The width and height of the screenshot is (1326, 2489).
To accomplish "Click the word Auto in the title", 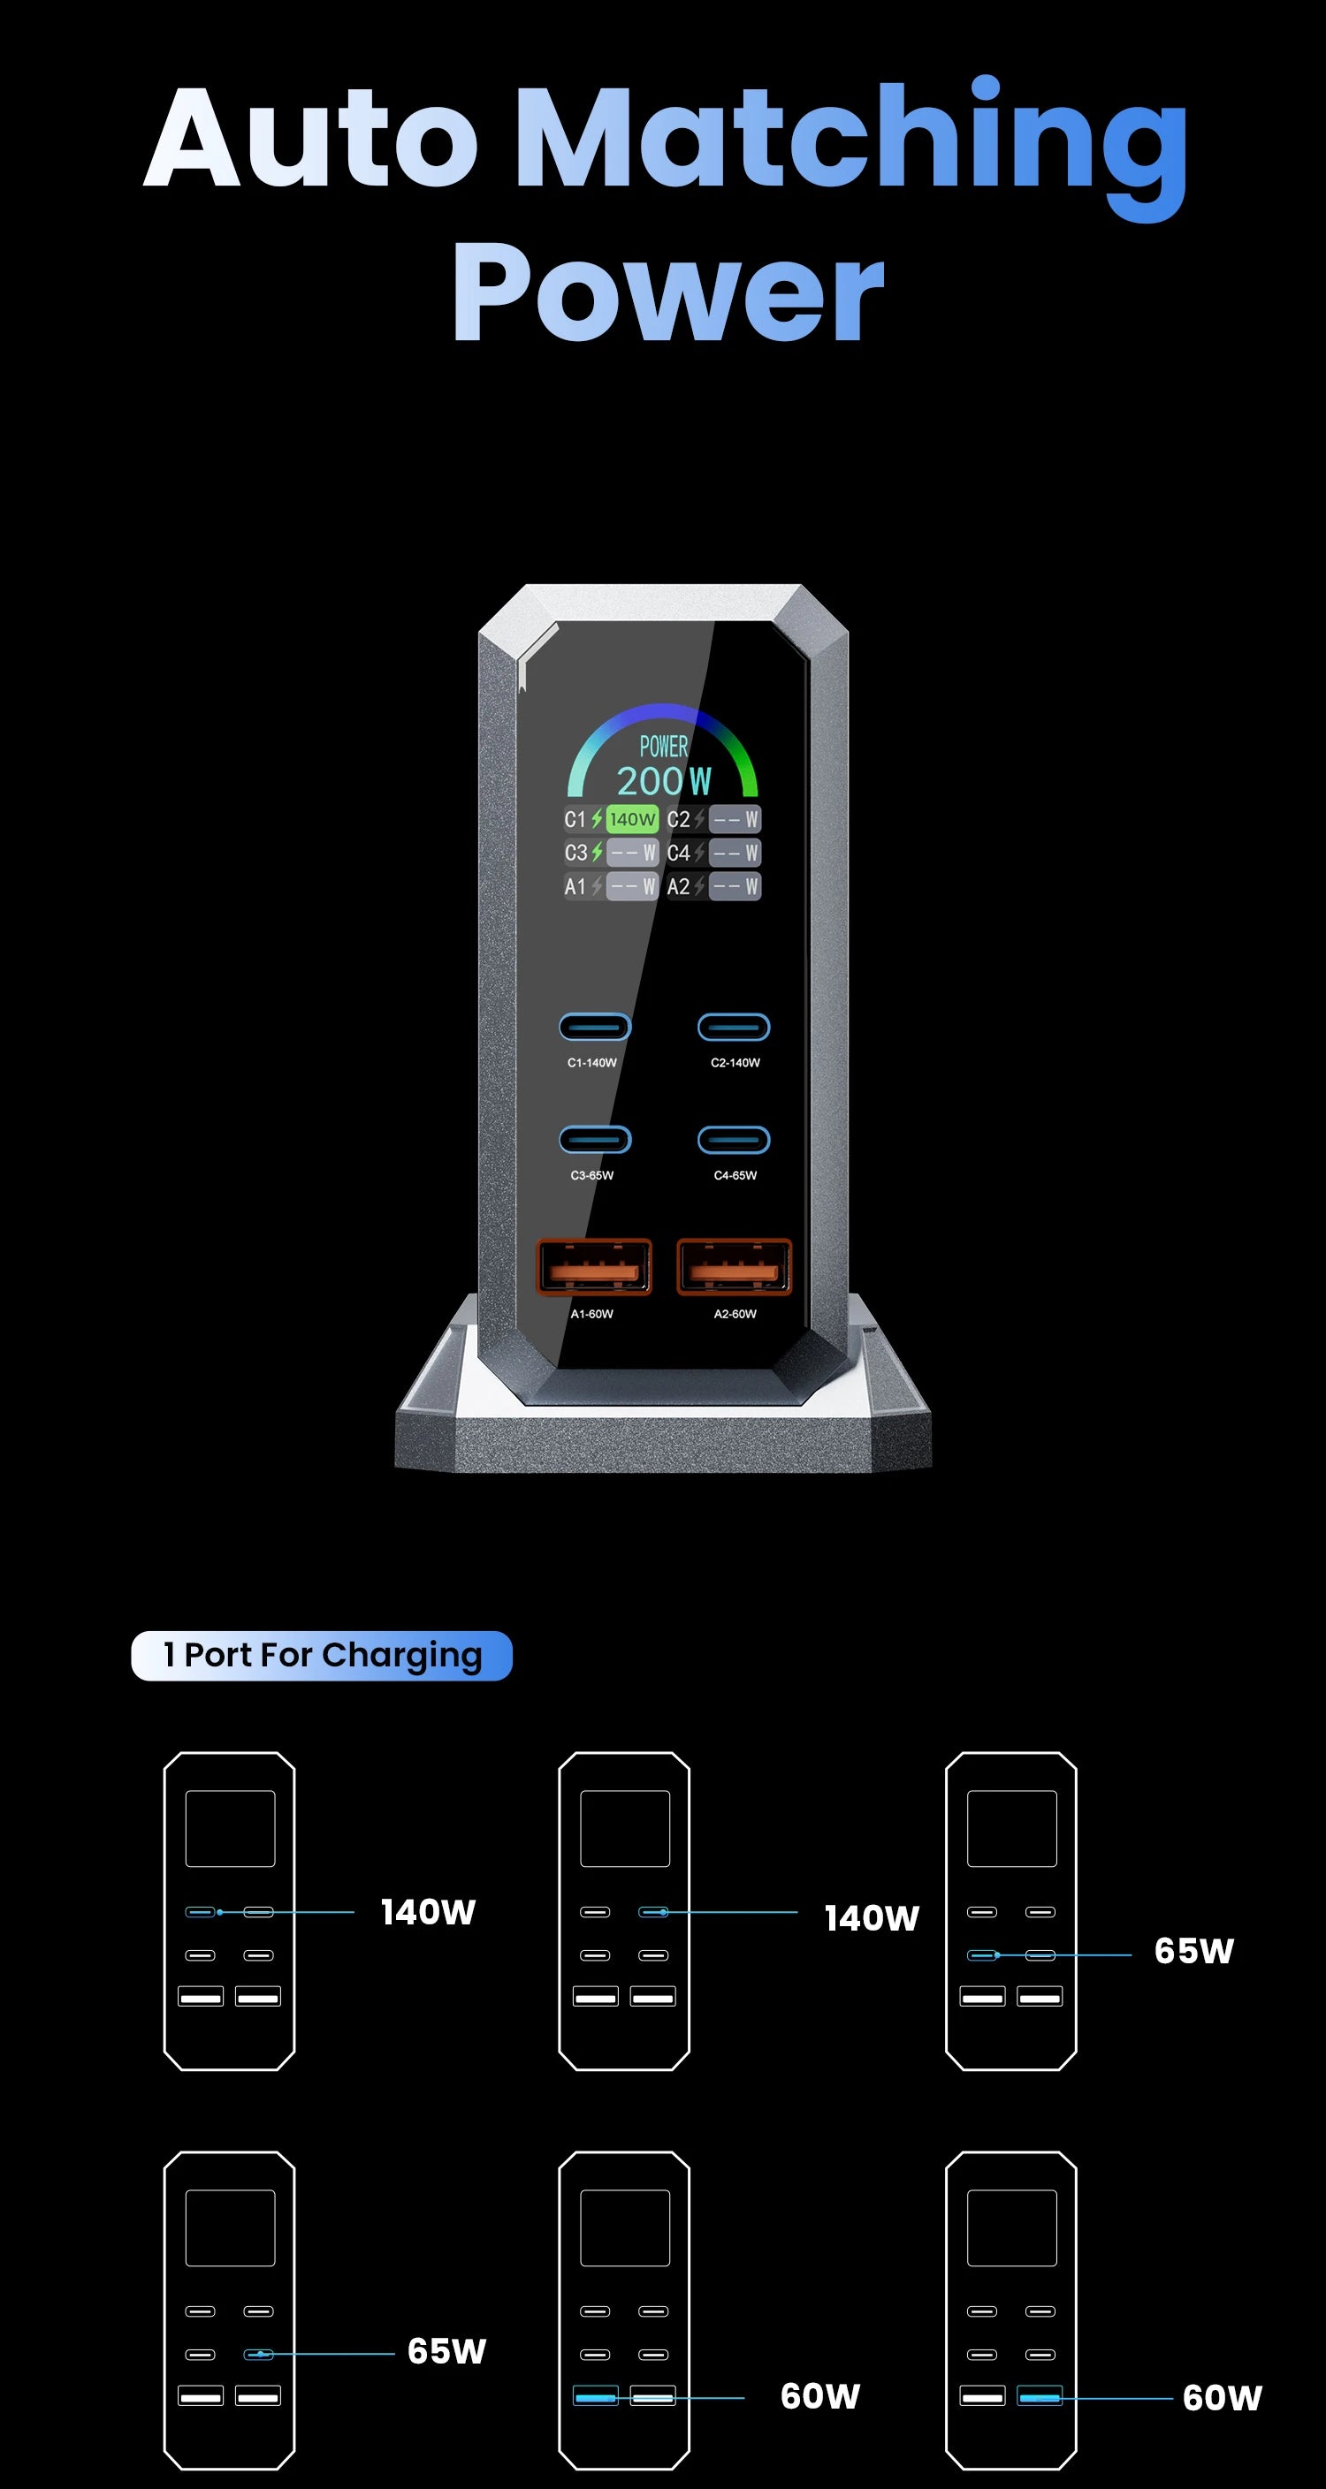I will pos(311,137).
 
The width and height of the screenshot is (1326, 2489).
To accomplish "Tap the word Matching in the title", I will pos(850,137).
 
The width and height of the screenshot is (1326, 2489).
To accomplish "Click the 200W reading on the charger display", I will pos(664,781).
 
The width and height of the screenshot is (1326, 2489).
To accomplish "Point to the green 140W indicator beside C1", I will pos(632,819).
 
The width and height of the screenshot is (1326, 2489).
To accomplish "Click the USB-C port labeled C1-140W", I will pos(595,1027).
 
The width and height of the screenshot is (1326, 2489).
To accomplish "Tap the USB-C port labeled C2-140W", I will pos(734,1027).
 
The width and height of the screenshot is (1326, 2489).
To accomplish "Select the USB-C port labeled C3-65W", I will pos(595,1140).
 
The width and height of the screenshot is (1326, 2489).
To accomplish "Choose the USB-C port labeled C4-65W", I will pos(734,1140).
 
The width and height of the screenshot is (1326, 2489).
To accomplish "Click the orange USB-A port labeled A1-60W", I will pos(593,1267).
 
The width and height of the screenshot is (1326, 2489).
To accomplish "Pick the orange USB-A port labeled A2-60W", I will pos(735,1267).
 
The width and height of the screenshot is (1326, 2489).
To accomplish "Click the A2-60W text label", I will pos(735,1314).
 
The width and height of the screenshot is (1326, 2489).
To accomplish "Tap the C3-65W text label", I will pos(591,1176).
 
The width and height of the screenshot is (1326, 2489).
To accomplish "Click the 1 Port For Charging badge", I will pos(322,1655).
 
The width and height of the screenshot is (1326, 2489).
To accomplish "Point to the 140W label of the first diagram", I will pos(428,1912).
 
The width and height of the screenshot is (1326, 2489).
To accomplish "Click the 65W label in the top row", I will pos(1193,1951).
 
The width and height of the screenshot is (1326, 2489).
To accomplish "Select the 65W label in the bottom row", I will pos(446,2351).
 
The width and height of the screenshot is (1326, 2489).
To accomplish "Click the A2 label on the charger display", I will pos(678,887).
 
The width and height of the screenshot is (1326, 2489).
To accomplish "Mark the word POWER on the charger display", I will pos(664,747).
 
